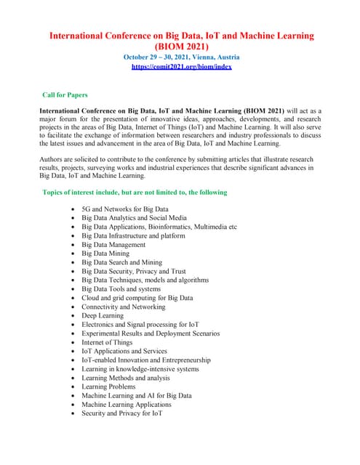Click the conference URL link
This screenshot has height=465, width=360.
click(181, 66)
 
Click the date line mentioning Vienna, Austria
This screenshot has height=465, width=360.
click(181, 57)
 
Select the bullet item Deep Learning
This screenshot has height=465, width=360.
click(103, 315)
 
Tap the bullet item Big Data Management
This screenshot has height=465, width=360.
click(113, 245)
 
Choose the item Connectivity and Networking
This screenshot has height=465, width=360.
click(124, 307)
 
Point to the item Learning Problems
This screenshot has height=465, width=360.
click(108, 387)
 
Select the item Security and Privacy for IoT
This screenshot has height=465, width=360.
click(121, 413)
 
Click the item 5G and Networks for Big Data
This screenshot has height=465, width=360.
click(125, 209)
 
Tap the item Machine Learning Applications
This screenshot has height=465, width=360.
click(127, 404)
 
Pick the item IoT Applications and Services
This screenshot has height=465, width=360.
click(124, 351)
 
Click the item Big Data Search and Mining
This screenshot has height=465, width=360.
click(122, 262)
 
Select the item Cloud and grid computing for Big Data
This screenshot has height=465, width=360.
click(137, 298)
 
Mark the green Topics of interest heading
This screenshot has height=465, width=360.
click(135, 193)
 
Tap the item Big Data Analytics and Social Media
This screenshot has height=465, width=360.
click(135, 218)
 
